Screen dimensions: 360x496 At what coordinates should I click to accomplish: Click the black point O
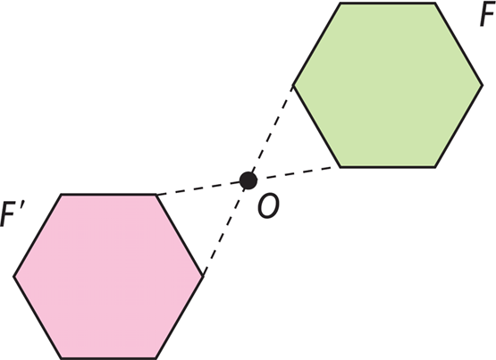pos(248,180)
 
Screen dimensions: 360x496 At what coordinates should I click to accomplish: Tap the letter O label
pos(268,206)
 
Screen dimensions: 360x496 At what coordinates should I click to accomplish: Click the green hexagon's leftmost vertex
pos(293,85)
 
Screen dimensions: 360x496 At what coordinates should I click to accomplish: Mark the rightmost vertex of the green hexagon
pos(483,85)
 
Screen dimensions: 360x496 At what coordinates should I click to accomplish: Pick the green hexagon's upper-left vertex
pos(340,4)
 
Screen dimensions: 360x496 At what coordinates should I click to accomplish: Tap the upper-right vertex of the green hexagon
pos(435,4)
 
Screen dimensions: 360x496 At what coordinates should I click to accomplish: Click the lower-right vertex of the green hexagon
pos(435,166)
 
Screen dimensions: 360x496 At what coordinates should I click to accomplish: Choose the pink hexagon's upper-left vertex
pos(61,194)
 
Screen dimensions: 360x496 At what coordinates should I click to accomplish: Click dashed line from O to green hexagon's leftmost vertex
pos(270,133)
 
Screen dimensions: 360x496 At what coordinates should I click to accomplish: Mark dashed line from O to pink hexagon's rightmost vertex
pos(225,228)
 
